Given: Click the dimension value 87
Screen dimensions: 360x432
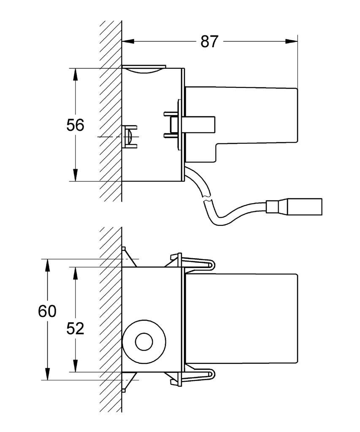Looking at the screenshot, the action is tap(209, 42).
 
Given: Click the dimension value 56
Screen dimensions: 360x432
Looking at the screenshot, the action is tap(75, 125).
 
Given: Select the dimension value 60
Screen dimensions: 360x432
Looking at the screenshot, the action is tap(47, 311).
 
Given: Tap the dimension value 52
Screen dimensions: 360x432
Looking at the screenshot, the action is tap(75, 328).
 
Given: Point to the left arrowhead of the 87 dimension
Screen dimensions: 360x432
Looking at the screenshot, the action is tap(128, 42).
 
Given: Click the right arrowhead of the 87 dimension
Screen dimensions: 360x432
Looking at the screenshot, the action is tap(291, 42).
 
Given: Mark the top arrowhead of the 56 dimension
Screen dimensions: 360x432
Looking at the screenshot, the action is tap(75, 74).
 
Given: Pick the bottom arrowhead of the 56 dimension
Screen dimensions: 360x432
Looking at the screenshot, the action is tap(75, 175).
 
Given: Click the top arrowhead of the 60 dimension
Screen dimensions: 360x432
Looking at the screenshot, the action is tap(47, 265).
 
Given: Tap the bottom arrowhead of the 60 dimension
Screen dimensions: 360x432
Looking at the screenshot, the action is tap(47, 374).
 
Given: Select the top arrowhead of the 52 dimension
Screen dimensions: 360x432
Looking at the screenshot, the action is tap(75, 273).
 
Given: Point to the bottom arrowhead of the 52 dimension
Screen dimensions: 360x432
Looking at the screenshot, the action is tap(75, 365).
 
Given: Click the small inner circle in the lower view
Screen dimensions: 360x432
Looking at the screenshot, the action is tap(144, 342).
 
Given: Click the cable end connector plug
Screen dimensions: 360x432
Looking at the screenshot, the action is tap(294, 206).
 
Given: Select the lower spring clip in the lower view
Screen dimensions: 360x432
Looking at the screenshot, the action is tap(192, 375).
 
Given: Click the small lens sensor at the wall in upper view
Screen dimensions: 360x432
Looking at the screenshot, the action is tap(129, 137).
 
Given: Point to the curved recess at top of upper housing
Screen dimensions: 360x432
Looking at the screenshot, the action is tap(143, 70).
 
